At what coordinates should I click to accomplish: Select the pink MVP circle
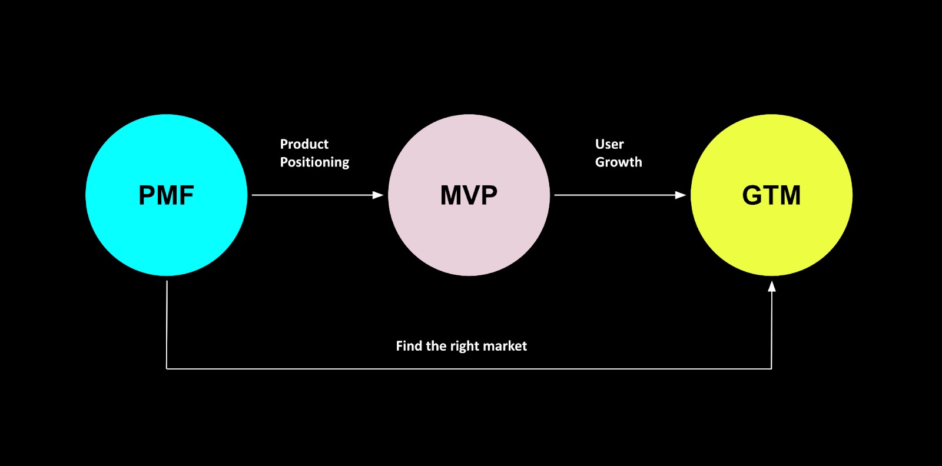click(x=469, y=241)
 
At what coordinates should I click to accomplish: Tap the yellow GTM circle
click(x=771, y=241)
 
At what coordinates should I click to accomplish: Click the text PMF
click(x=166, y=195)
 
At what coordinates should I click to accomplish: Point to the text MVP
click(x=469, y=195)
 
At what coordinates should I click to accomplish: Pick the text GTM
click(x=771, y=195)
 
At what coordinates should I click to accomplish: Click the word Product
click(x=304, y=144)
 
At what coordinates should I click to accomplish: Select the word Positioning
click(x=314, y=162)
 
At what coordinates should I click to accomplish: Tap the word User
click(x=609, y=144)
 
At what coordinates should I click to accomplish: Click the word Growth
click(x=618, y=162)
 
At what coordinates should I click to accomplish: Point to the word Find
click(x=409, y=346)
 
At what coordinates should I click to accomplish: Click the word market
click(x=505, y=346)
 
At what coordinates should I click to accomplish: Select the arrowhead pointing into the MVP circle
click(x=378, y=195)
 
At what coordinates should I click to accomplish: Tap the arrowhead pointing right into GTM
click(x=681, y=195)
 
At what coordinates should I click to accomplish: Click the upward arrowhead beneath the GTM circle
click(x=771, y=287)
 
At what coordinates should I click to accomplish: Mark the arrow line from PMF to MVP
click(x=312, y=195)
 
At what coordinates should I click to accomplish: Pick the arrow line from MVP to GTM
click(x=615, y=195)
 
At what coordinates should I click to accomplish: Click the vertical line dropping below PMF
click(x=167, y=324)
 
